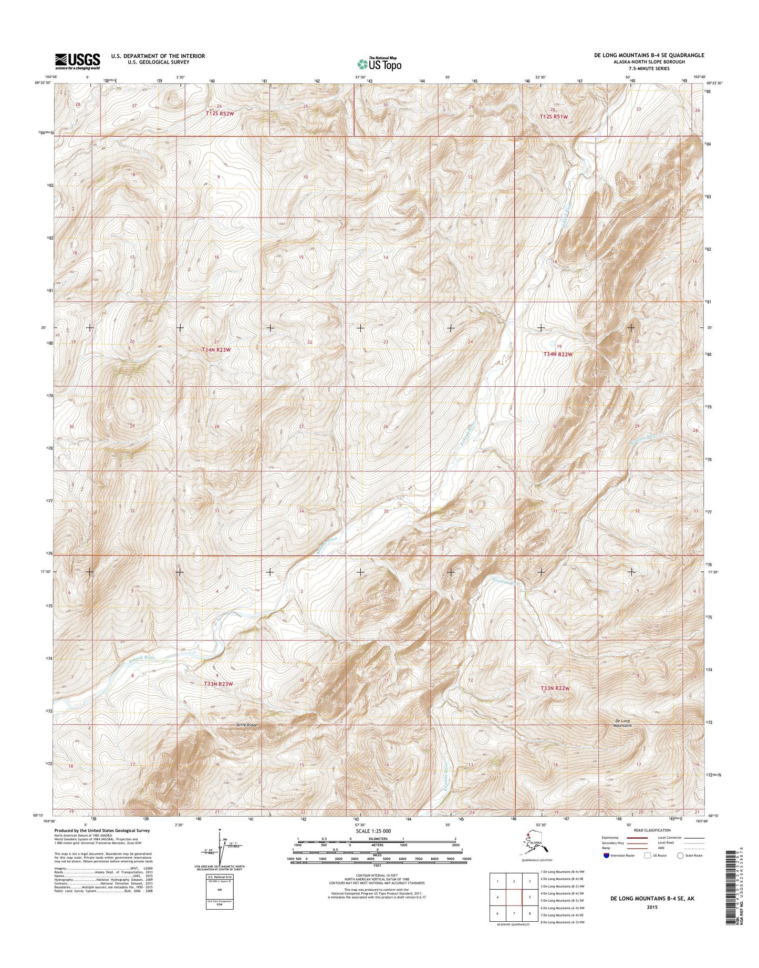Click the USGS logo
pos(77,61)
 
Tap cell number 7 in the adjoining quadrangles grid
pos(514,913)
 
